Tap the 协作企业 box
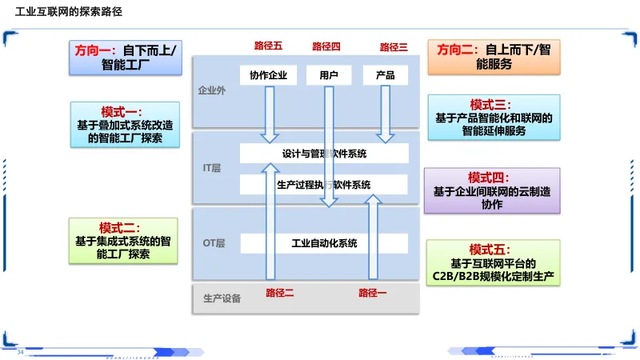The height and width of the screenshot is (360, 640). [x=268, y=75]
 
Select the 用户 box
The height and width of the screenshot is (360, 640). [x=329, y=75]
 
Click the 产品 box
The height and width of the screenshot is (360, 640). [x=385, y=75]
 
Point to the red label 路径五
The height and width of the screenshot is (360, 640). [x=268, y=47]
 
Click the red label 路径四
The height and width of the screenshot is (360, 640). [x=326, y=47]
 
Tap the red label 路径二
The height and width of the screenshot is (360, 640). [x=280, y=293]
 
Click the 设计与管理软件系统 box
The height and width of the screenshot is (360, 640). [x=324, y=153]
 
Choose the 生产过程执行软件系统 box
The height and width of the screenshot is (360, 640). [x=324, y=185]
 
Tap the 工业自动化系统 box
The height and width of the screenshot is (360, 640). [x=324, y=243]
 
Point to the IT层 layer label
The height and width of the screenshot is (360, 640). [x=211, y=168]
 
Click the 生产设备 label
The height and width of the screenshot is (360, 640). [x=222, y=299]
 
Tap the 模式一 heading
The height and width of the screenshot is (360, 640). [x=121, y=111]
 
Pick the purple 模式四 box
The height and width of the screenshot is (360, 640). [x=492, y=190]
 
